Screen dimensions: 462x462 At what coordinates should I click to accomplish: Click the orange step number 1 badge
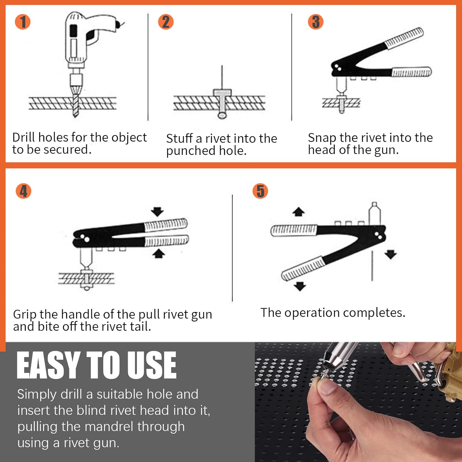pyautogui.click(x=23, y=22)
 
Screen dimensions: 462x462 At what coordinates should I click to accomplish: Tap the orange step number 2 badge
pyautogui.click(x=166, y=22)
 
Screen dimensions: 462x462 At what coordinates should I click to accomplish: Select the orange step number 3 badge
pyautogui.click(x=316, y=22)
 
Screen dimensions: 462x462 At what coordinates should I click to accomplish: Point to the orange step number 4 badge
pyautogui.click(x=23, y=191)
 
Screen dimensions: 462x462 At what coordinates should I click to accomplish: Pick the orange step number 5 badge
pyautogui.click(x=260, y=191)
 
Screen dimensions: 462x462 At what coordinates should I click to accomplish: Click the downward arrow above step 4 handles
pyautogui.click(x=157, y=212)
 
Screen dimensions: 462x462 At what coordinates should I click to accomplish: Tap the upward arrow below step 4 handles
pyautogui.click(x=159, y=253)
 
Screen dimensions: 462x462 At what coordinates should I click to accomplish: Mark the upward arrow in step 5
pyautogui.click(x=298, y=212)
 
